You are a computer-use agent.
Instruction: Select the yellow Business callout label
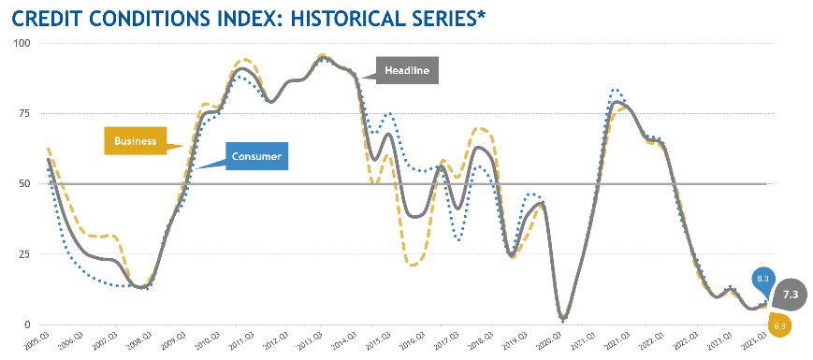[x=134, y=141]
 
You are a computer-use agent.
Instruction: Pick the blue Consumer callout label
[x=256, y=157]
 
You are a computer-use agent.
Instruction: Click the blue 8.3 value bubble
[x=761, y=278]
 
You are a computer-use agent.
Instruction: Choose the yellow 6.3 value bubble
[x=778, y=325]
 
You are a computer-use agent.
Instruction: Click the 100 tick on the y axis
[x=22, y=43]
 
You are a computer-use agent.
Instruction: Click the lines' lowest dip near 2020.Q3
[x=563, y=318]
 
